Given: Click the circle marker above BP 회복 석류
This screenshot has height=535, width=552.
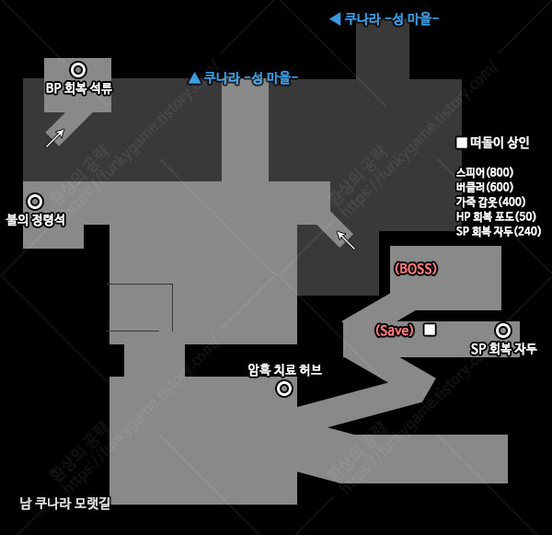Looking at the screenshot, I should click(78, 70).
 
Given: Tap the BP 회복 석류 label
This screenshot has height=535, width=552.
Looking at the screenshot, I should click(79, 88).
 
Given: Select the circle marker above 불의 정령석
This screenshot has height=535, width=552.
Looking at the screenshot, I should click(35, 202).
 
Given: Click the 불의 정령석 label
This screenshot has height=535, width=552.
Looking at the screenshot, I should click(36, 220).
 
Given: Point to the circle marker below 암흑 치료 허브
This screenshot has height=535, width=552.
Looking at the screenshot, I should click(284, 389).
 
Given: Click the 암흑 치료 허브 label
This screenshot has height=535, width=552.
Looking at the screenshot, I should click(284, 370).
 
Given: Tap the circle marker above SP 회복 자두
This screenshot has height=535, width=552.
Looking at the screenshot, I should click(503, 331).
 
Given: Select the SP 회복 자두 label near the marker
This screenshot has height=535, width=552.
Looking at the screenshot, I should click(503, 349).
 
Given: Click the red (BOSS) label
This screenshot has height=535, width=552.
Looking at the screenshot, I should click(416, 269).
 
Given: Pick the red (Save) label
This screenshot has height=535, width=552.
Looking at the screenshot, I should click(395, 331).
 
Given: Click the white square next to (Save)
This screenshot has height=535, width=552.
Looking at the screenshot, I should click(430, 330).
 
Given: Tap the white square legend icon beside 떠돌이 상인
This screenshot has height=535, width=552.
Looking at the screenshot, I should click(462, 143).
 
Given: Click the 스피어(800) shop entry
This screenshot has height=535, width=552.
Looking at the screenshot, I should click(485, 172).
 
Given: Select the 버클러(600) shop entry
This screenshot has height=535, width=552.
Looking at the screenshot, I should click(485, 187).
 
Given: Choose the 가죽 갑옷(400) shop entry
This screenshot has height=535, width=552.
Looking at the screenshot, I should click(490, 202).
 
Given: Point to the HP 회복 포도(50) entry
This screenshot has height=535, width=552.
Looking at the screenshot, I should click(496, 216).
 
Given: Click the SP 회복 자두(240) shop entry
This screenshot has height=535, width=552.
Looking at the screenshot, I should click(499, 231).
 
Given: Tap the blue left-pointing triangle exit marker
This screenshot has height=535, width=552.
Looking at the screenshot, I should click(335, 18).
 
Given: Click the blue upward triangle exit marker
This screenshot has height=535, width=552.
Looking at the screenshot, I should click(194, 78).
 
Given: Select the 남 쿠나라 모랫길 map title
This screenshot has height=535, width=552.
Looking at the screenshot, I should click(65, 503).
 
